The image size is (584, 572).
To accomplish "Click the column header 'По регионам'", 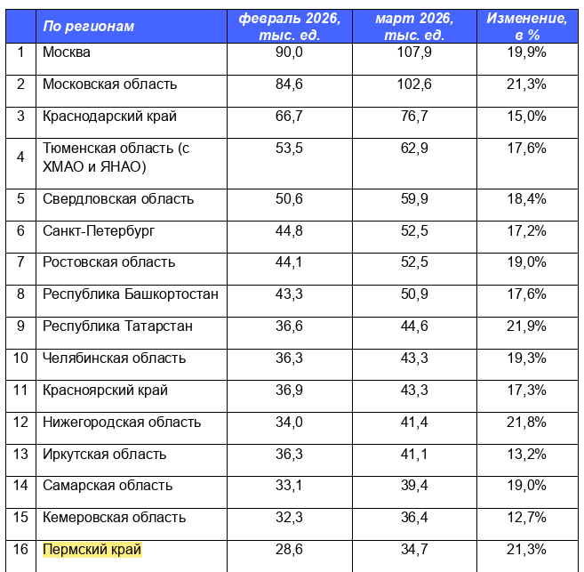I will [89, 27].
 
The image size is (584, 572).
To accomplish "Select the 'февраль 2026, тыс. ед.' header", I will [290, 27].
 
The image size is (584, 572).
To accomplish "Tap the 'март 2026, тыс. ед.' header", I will [415, 27].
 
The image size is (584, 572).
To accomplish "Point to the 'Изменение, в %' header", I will [527, 27].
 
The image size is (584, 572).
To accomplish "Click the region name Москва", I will [67, 52].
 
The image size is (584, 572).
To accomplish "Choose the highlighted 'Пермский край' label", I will [92, 550].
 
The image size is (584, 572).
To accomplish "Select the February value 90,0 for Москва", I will [290, 52].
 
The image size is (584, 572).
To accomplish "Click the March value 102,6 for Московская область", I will [415, 85].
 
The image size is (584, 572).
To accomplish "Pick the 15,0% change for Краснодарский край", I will [527, 117].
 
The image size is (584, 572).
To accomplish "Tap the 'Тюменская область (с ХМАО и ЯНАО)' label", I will [116, 157].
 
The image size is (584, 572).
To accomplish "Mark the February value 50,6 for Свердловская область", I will [290, 199].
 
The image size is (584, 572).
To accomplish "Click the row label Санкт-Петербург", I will [99, 231].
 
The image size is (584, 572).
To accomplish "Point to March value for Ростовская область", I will [415, 262].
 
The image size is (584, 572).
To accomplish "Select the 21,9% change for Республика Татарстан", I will [527, 326].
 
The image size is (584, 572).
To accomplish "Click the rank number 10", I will [21, 359].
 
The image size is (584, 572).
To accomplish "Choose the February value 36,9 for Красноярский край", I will [290, 391].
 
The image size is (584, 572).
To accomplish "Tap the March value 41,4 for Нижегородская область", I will [415, 423].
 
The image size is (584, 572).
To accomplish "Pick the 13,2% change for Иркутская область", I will [527, 455].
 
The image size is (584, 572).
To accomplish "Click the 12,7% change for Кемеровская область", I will [527, 518].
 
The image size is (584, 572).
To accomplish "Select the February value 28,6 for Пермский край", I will [290, 550].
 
